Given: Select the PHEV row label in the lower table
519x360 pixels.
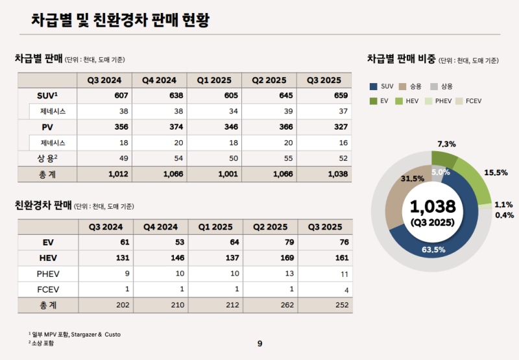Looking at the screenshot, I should (47, 274).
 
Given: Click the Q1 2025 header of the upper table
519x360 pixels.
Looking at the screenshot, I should (215, 80).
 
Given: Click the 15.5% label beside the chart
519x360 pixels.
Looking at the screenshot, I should (496, 173).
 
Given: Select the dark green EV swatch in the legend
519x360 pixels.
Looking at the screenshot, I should (374, 101).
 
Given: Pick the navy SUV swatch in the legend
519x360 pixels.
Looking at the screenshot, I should (374, 86).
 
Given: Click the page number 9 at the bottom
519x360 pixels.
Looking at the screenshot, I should (259, 344).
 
